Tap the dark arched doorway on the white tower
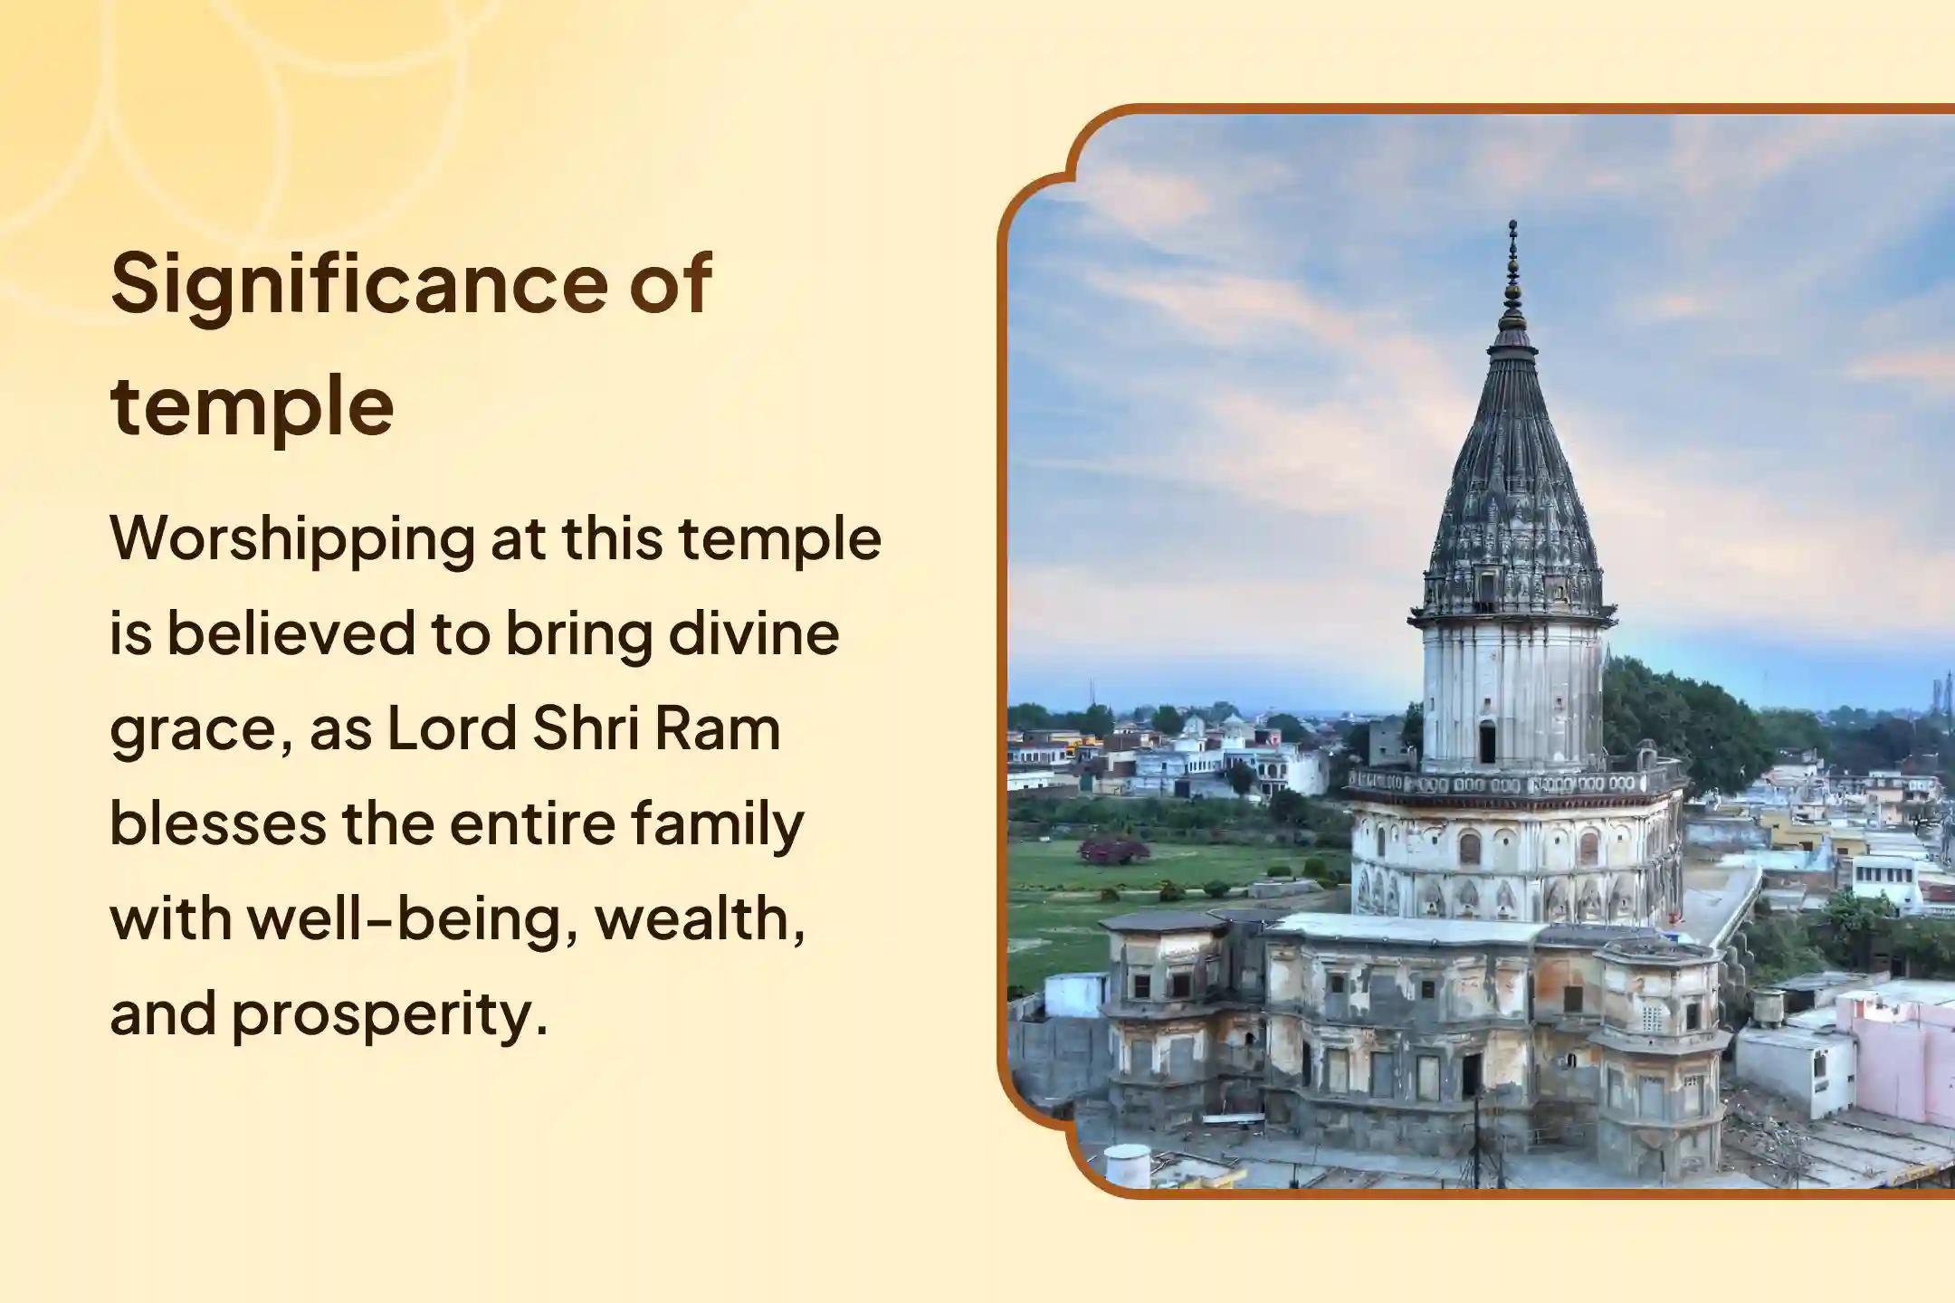coord(1487,742)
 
